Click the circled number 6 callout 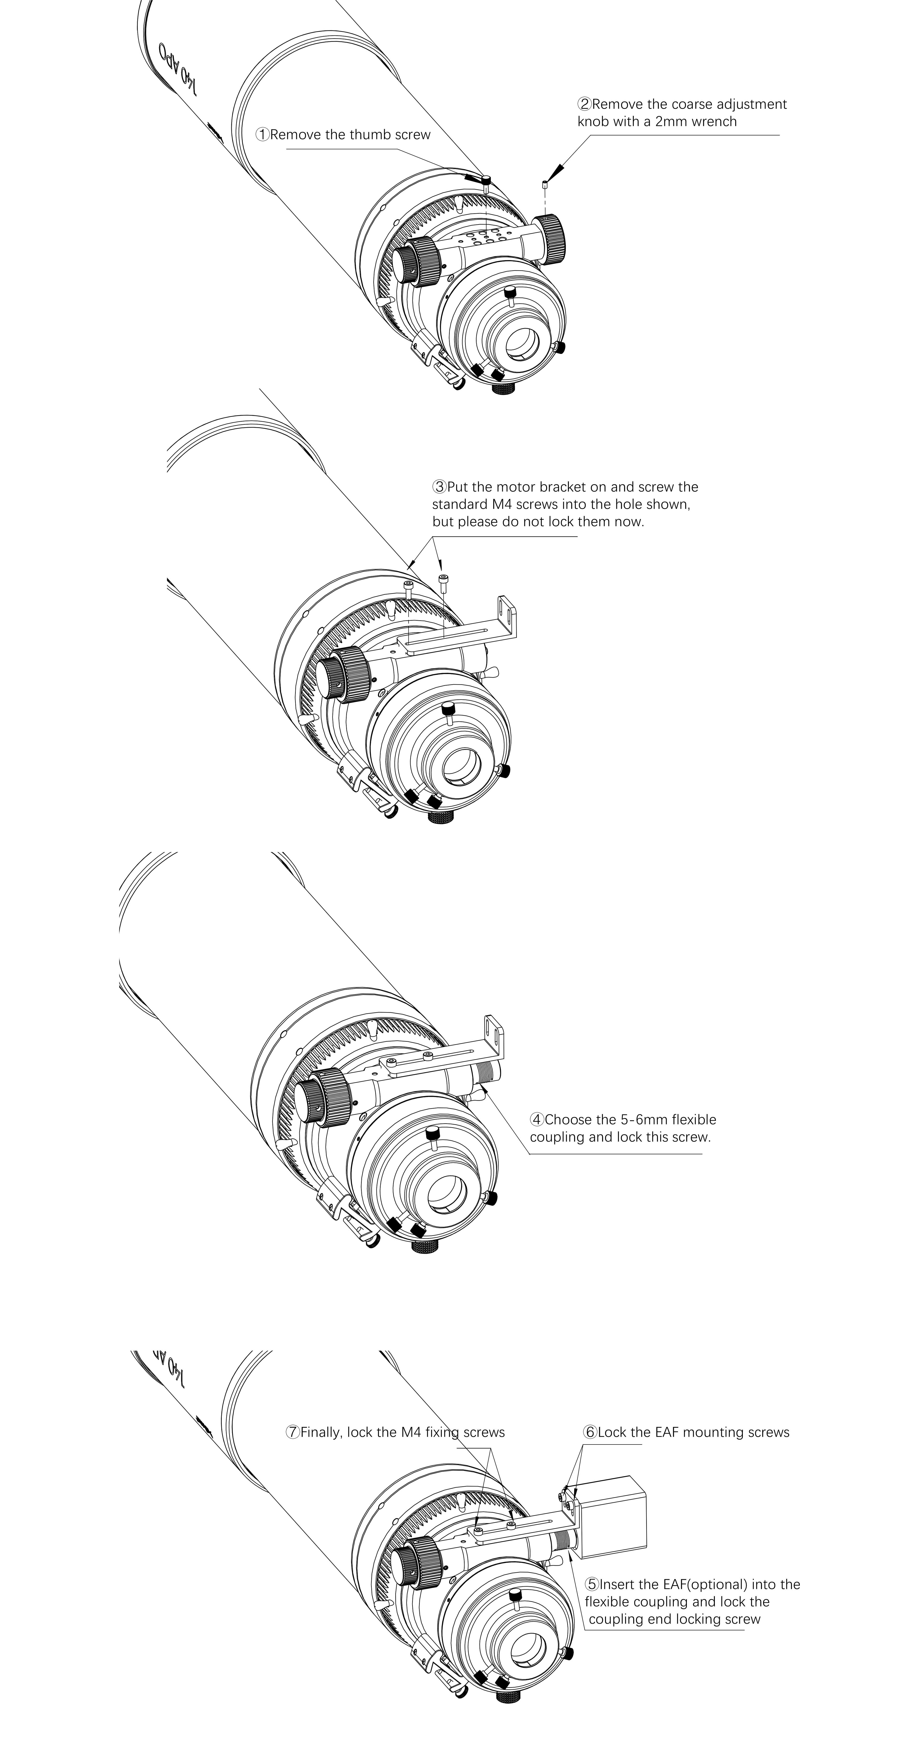(x=590, y=1432)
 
